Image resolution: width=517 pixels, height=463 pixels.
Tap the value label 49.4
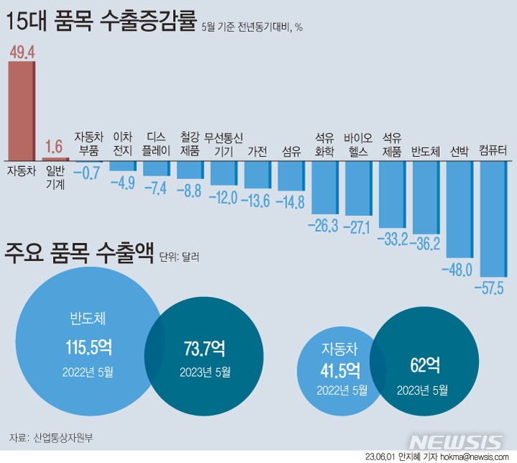pos(22,50)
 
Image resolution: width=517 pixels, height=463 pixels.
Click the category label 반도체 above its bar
pos(425,152)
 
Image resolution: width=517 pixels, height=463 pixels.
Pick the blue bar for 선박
pos(460,208)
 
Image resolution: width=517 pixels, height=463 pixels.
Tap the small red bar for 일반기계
pos(55,158)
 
